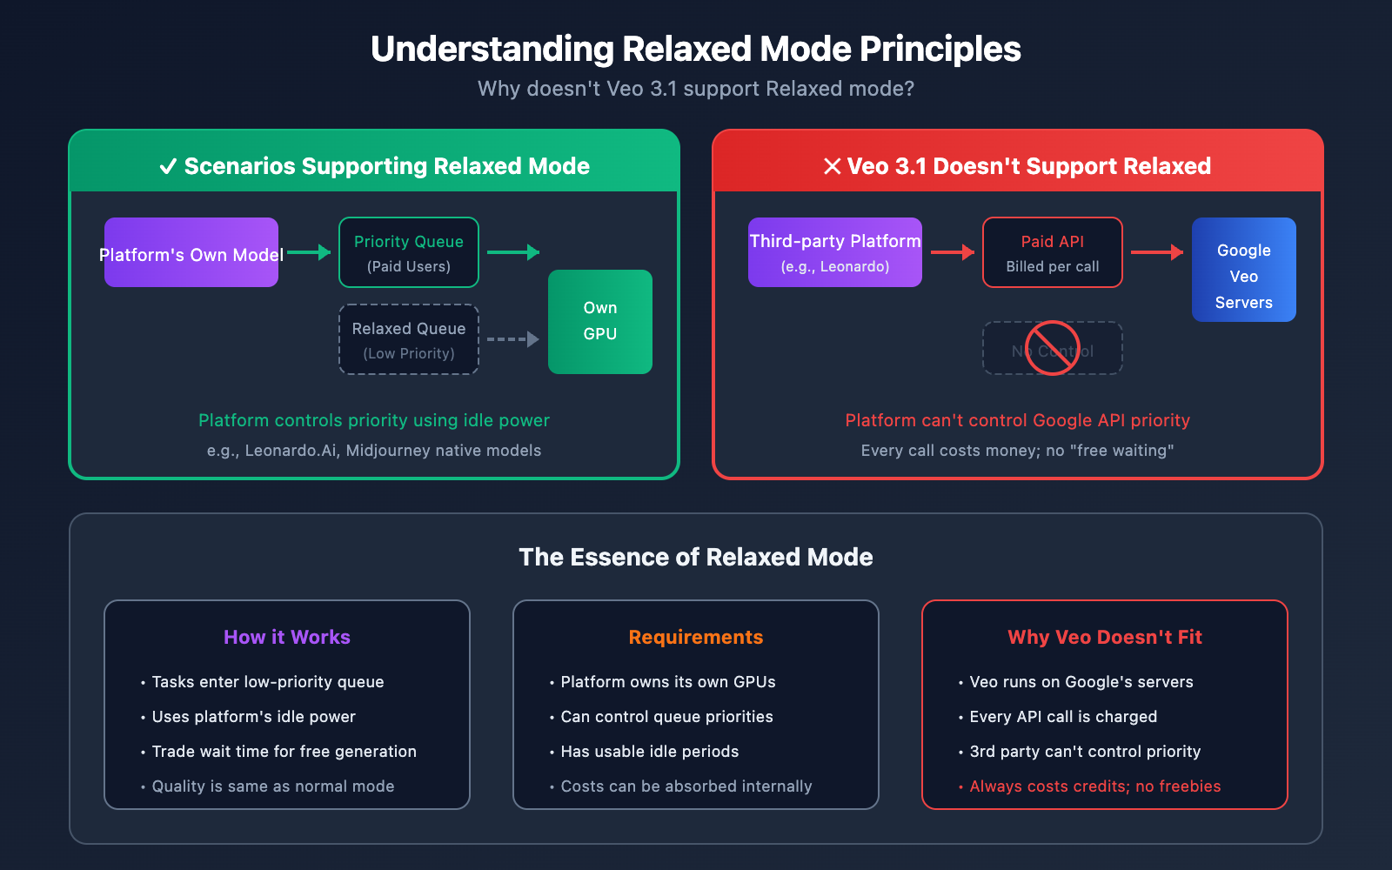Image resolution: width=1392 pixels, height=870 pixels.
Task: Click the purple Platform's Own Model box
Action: [x=191, y=252]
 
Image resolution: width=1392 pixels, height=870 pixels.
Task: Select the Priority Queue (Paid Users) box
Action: [x=409, y=252]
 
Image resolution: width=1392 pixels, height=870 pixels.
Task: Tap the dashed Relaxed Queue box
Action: [x=409, y=339]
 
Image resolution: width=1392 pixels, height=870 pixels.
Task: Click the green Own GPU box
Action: [x=600, y=322]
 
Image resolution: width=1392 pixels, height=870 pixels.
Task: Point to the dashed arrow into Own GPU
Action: [x=513, y=339]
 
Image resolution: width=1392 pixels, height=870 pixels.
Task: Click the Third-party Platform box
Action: [x=835, y=252]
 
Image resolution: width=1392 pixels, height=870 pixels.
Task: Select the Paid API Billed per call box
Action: [x=1053, y=252]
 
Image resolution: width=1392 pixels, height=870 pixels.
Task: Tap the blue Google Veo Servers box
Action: [x=1244, y=270]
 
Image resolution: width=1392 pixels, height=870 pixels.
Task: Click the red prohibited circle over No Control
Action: [x=1053, y=348]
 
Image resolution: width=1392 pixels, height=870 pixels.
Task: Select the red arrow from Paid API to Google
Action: [x=1157, y=252]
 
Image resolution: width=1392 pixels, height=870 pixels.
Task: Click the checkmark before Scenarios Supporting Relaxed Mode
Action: [x=169, y=166]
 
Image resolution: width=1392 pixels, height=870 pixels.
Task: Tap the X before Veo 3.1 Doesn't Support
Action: [x=833, y=166]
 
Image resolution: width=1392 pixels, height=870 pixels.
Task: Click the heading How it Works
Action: [x=287, y=637]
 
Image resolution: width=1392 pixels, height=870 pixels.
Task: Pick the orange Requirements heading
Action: [x=696, y=637]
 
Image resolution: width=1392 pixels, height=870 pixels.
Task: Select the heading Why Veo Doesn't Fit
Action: [x=1105, y=637]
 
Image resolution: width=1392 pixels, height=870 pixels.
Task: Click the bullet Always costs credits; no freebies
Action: [x=1094, y=786]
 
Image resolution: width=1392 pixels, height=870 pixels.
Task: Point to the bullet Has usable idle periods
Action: [x=649, y=752]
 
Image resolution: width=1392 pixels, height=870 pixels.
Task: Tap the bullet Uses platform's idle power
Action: [x=253, y=717]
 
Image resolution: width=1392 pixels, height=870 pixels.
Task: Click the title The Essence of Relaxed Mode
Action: [x=696, y=557]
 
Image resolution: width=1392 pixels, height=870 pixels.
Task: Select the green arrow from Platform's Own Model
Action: [x=309, y=252]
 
